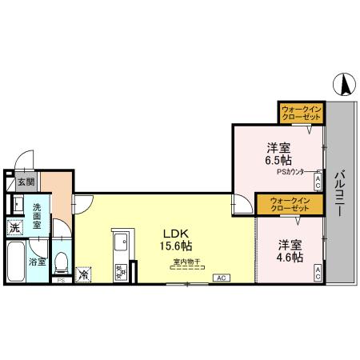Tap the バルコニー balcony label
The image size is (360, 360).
click(341, 197)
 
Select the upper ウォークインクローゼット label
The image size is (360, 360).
click(302, 113)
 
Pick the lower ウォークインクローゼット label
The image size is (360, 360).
click(289, 204)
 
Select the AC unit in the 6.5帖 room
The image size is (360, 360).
click(318, 182)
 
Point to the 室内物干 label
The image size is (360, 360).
click(183, 262)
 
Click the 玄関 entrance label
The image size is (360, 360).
click(26, 182)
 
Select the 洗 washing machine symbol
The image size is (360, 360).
click(14, 228)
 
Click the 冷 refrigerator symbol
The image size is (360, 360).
click(85, 275)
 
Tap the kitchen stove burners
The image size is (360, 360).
click(121, 272)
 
